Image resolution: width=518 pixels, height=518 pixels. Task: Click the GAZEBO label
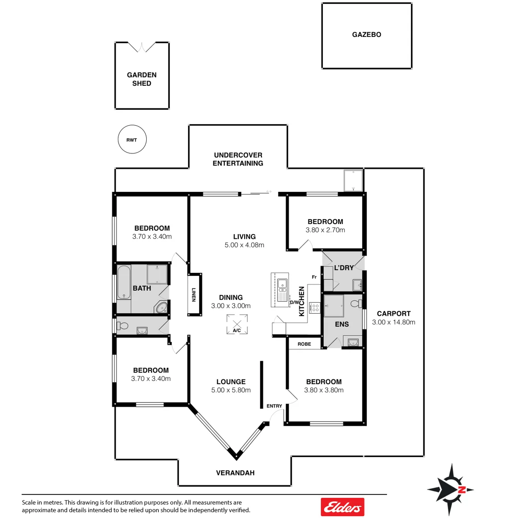366,35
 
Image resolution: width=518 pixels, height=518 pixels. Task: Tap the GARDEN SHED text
141,79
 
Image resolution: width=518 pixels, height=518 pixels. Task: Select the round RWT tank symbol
132,141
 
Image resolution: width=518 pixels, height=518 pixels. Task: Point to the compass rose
450,489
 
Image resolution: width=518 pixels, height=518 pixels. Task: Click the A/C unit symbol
236,323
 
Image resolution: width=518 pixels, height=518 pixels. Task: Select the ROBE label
304,344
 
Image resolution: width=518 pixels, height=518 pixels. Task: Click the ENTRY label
274,406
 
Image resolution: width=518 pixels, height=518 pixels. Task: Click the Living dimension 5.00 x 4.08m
244,245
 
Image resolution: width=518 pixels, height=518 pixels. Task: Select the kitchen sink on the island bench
283,286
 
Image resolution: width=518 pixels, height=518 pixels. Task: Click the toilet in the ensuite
355,303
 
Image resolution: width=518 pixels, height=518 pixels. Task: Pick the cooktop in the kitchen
315,307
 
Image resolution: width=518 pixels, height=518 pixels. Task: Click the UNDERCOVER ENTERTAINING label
238,159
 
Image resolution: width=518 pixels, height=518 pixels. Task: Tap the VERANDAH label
235,472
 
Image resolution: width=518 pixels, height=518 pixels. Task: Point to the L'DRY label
344,268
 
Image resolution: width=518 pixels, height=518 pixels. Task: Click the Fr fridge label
314,277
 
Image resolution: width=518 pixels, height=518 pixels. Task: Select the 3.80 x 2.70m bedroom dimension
325,230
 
